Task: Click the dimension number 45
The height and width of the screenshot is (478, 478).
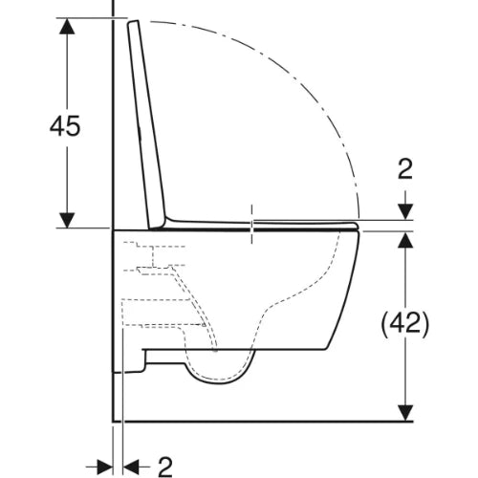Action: coord(65,126)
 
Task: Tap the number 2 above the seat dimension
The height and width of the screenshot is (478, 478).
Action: coord(405,169)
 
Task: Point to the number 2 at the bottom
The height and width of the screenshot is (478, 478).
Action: coord(165,467)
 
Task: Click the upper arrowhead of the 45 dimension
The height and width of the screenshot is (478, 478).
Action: coord(67,26)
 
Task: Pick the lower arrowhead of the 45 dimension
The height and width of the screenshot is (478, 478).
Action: coord(67,220)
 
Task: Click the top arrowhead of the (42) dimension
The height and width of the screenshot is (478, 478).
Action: coord(405,240)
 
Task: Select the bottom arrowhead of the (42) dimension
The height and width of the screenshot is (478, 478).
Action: coord(405,413)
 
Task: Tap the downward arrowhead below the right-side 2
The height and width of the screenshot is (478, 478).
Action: coord(405,211)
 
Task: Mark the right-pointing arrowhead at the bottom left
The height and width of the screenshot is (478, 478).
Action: coord(105,467)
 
